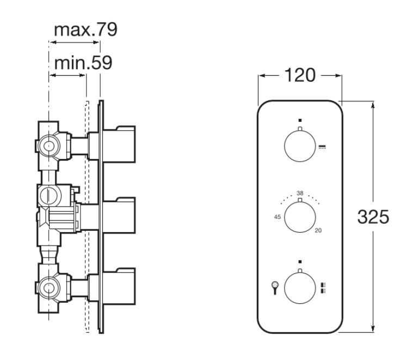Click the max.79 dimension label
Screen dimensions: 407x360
click(x=85, y=29)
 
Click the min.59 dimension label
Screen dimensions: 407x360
click(x=83, y=63)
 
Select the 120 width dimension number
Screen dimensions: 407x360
click(x=300, y=75)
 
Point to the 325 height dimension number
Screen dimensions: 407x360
click(x=373, y=217)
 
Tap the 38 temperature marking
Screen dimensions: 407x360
click(x=300, y=193)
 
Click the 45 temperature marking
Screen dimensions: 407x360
click(x=277, y=217)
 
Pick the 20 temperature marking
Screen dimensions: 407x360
click(x=318, y=230)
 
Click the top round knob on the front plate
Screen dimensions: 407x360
click(x=300, y=146)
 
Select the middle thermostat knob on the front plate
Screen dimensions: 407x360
click(x=300, y=217)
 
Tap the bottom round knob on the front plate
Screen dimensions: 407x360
click(x=300, y=288)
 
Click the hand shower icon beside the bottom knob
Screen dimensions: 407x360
click(x=275, y=288)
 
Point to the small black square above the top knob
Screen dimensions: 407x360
click(x=300, y=120)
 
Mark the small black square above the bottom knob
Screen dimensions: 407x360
click(x=300, y=262)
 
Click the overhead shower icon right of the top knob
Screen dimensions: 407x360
click(x=322, y=147)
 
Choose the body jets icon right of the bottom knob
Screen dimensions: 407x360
click(x=323, y=288)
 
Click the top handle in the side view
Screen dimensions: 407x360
click(x=119, y=144)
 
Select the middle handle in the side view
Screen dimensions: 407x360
click(x=119, y=215)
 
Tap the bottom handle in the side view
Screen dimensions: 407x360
click(x=119, y=286)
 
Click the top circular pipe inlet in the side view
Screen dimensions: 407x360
click(x=48, y=146)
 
